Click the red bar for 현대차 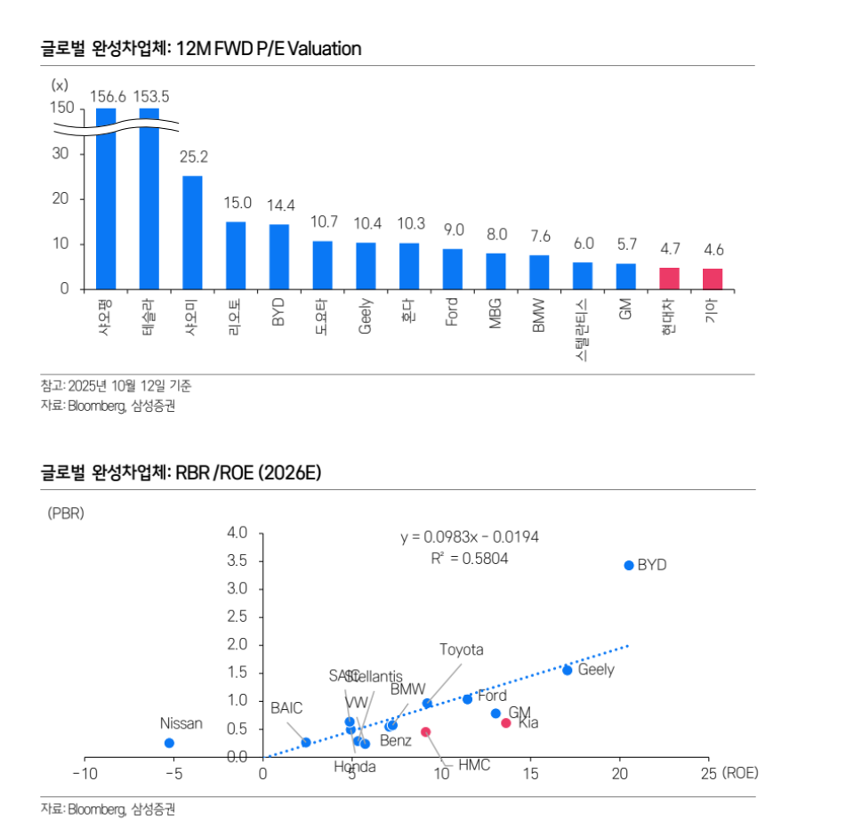tap(669, 278)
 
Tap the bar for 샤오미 tap(192, 232)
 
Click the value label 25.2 tap(193, 157)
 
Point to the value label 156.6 tap(107, 96)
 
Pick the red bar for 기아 tap(713, 278)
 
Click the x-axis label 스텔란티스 tap(583, 330)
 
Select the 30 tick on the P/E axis tap(60, 153)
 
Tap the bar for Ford tap(453, 269)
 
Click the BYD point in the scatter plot tap(628, 565)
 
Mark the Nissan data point tap(169, 743)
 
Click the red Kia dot tap(506, 723)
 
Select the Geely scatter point tap(567, 670)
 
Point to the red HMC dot tap(425, 732)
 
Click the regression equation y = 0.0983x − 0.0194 tap(469, 537)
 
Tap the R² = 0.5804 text tap(469, 559)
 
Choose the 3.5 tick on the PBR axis tap(237, 561)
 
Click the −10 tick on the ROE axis tap(85, 773)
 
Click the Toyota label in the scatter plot tap(462, 649)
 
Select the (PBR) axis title tap(65, 513)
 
